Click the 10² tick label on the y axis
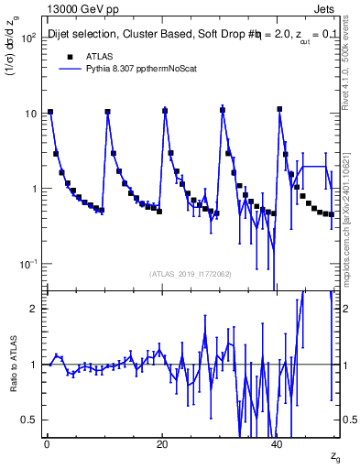(x=27, y=38)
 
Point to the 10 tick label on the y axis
(x=31, y=114)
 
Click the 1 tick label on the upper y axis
(x=35, y=189)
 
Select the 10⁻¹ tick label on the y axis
(x=27, y=264)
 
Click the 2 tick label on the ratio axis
(x=35, y=309)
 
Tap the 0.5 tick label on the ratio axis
(x=30, y=420)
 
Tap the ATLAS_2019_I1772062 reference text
(x=191, y=274)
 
